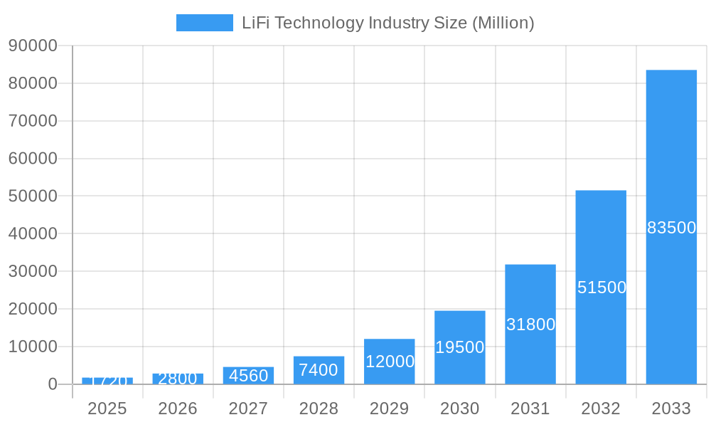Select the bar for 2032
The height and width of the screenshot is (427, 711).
[601, 235]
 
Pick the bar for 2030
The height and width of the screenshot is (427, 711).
[460, 327]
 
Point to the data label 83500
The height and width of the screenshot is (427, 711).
[671, 228]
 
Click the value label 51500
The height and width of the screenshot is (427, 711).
[602, 288]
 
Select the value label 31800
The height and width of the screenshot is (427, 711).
[530, 325]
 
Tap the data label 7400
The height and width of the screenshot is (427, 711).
[319, 370]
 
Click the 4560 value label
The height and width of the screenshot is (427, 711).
[248, 375]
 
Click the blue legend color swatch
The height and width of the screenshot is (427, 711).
[205, 23]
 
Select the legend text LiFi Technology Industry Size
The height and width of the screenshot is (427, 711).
[387, 23]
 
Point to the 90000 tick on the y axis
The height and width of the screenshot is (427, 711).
[33, 46]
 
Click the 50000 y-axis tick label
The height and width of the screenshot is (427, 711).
[33, 196]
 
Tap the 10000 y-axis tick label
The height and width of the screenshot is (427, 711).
[33, 347]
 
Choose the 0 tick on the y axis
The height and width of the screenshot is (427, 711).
[52, 384]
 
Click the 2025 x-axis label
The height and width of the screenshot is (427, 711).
[107, 408]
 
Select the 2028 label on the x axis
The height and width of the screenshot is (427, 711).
[319, 408]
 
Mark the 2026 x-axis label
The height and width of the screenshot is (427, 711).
[178, 408]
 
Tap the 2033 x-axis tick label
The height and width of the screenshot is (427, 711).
[671, 408]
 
